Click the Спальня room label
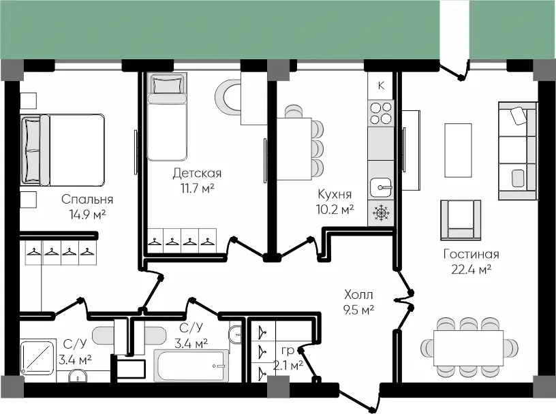[x=87, y=200]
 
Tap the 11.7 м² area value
[x=198, y=188]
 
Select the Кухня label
[x=335, y=194]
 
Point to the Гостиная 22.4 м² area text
[x=472, y=261]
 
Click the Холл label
[x=358, y=295]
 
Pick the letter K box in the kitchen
[x=381, y=85]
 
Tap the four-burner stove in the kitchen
[x=381, y=113]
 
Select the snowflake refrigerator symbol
[x=381, y=213]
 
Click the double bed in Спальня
[x=63, y=150]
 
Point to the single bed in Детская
[x=167, y=117]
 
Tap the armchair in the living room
[x=461, y=220]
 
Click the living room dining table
[x=468, y=348]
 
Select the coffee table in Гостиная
[x=458, y=150]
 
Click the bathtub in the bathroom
[x=191, y=366]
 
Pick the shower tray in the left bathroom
[x=37, y=357]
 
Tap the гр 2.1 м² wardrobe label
[x=288, y=357]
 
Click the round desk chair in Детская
[x=228, y=96]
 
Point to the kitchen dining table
[x=294, y=149]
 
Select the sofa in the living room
[x=517, y=151]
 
